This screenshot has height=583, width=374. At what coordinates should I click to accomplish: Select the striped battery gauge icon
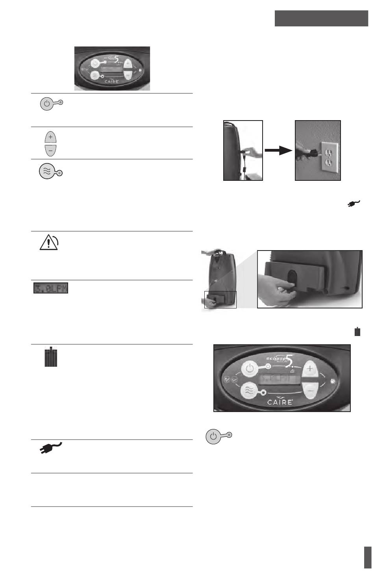pos(50,357)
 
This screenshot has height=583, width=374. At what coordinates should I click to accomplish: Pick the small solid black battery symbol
pos(357,331)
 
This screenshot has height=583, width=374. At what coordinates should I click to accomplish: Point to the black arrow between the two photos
pos(279,150)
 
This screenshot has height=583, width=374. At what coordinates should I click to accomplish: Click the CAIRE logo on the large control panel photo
pos(280,402)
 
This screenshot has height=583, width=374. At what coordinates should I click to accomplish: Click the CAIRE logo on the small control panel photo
pos(111,82)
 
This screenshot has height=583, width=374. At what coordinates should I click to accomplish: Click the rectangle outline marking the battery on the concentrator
pos(220,299)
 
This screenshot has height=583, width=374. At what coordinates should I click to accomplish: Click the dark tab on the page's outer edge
pos(368,557)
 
